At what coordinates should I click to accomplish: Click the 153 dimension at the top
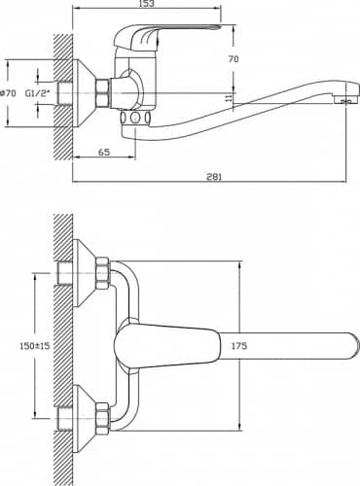pos(146,4)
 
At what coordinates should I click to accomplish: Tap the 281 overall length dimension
pos(214,177)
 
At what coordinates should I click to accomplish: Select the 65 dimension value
pos(104,152)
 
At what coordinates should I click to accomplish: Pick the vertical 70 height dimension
pos(234,59)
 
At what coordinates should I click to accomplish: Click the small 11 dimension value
pos(230,97)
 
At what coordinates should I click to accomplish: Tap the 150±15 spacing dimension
pos(35,346)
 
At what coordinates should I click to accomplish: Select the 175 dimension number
pos(239,346)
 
